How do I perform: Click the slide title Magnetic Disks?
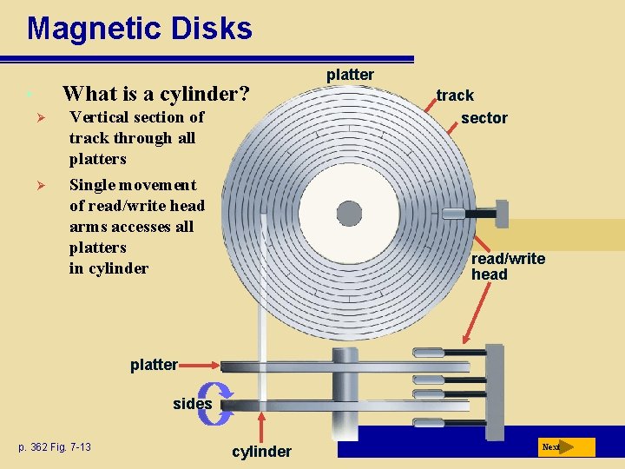point(139,28)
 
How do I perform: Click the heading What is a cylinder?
point(155,93)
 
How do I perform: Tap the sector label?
point(484,118)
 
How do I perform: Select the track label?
point(455,96)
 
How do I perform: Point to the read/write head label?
point(508,267)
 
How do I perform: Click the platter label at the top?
point(350,75)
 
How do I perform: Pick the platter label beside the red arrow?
point(154,365)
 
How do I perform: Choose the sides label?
point(192,403)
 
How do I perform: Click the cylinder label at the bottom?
point(261,451)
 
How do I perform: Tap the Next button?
point(566,447)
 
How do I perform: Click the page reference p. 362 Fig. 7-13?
point(55,447)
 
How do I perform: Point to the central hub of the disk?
point(349,213)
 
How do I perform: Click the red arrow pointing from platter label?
point(200,366)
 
